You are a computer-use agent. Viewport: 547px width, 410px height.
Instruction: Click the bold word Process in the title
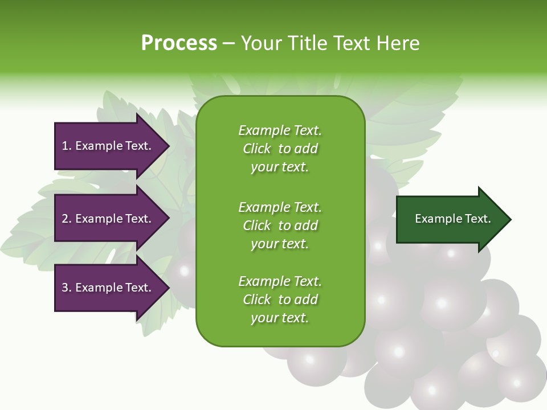[x=179, y=43]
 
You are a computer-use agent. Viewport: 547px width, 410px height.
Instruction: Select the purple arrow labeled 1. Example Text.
[x=108, y=146]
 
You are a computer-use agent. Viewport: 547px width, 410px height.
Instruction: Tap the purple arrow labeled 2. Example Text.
[x=108, y=219]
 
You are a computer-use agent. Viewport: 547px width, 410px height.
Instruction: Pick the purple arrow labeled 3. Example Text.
[x=108, y=288]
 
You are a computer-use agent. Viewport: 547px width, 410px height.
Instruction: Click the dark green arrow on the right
[x=450, y=219]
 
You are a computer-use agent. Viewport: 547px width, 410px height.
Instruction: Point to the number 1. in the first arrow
[x=67, y=146]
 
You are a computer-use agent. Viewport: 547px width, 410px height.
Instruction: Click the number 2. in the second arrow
[x=67, y=219]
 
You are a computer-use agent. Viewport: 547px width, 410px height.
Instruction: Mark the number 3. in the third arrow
[x=67, y=288]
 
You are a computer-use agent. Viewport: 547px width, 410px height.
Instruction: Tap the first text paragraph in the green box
[x=280, y=149]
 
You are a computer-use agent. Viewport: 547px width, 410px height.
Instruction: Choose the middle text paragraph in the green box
[x=280, y=225]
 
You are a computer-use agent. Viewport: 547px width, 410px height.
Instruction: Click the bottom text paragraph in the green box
[x=280, y=300]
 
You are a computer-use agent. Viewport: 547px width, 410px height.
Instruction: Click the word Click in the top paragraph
[x=257, y=149]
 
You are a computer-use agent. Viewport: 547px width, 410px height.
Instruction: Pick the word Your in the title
[x=260, y=43]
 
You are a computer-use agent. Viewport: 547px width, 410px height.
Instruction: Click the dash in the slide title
[x=229, y=44]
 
